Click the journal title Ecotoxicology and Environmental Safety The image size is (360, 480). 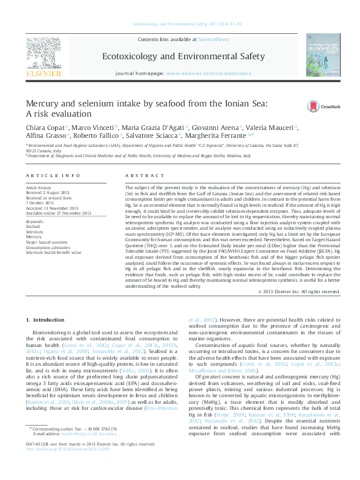tap(179, 56)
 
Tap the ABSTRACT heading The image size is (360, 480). tap(145, 175)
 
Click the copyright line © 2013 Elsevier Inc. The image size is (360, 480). tap(299, 291)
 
